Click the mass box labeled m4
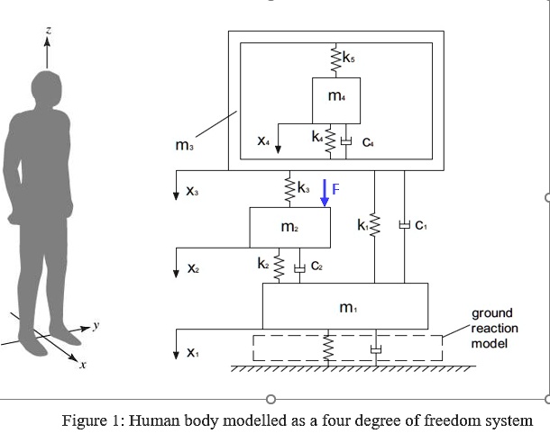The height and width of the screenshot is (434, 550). coord(336,101)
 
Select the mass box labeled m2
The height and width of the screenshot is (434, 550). coord(289,228)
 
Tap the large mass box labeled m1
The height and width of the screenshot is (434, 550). coord(345,306)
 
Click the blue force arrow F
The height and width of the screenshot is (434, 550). coord(325,193)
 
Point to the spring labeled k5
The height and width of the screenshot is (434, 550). coord(335,59)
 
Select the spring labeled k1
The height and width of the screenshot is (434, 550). coord(374,224)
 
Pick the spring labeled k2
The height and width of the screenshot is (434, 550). coord(279,267)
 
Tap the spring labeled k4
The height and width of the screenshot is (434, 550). coord(330,140)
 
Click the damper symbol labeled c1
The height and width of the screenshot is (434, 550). coord(405,224)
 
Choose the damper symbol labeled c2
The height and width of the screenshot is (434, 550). coord(299,268)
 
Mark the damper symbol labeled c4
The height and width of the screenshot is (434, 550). coord(346,141)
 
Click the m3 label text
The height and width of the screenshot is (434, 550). coord(184,145)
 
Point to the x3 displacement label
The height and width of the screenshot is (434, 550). coord(192,191)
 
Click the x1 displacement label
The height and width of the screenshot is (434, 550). coord(193,352)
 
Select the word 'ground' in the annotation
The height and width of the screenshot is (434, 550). coord(491,313)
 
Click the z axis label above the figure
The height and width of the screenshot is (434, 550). coord(49,30)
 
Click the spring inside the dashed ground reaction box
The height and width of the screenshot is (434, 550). coord(328,348)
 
